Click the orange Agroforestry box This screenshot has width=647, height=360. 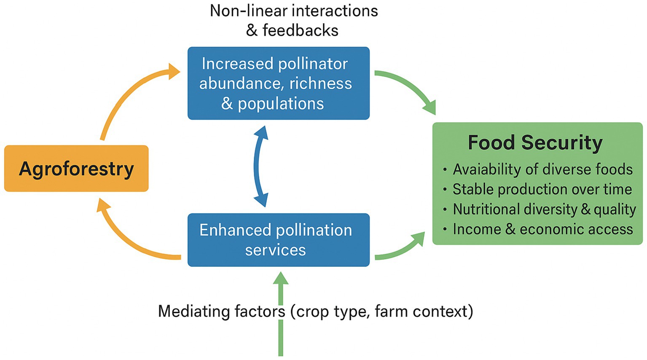point(76,169)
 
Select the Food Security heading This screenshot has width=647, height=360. point(535,142)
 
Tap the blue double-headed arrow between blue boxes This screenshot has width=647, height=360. point(260,166)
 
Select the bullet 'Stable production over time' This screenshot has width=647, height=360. point(542,189)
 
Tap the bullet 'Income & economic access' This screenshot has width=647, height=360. point(542,229)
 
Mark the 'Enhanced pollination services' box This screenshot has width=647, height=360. point(278,240)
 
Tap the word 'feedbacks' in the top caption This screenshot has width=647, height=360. point(300,31)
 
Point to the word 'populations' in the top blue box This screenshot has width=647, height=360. point(281,104)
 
